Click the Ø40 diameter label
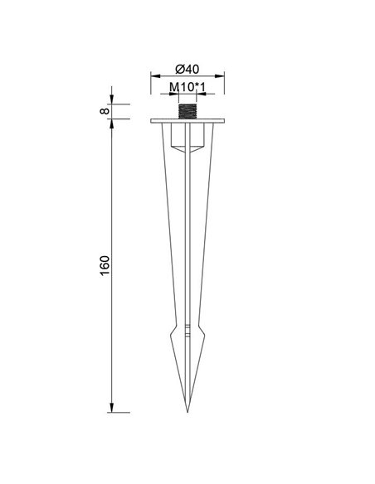tap(187, 69)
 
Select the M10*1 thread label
tap(187, 87)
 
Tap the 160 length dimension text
tap(105, 266)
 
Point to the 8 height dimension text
tap(105, 111)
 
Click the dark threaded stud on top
tap(187, 111)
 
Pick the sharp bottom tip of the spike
tap(187, 412)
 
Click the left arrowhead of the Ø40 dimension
tap(155, 76)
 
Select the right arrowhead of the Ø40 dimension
tap(220, 76)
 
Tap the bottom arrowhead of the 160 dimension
tap(111, 408)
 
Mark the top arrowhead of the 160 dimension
tap(111, 123)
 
